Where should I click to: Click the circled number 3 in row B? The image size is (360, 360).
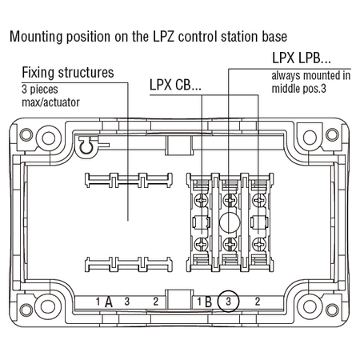(228, 302)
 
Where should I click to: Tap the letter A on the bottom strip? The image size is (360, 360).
(109, 302)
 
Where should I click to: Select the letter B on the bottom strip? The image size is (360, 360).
(208, 302)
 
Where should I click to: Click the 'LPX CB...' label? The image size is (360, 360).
(175, 85)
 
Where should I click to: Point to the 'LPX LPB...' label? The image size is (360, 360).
(302, 58)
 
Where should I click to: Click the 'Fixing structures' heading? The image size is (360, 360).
(68, 73)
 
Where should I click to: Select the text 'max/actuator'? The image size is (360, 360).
(50, 102)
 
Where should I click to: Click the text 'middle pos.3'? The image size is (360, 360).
(298, 89)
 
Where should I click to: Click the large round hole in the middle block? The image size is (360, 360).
(230, 222)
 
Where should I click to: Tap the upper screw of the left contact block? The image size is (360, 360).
(202, 199)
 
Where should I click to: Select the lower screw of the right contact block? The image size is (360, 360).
(258, 244)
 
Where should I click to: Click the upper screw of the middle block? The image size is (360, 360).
(230, 199)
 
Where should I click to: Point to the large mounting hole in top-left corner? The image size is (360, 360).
(49, 138)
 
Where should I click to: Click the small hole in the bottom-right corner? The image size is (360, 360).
(332, 310)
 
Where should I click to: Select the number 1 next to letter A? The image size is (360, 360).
(98, 302)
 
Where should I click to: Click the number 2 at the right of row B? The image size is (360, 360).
(258, 302)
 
